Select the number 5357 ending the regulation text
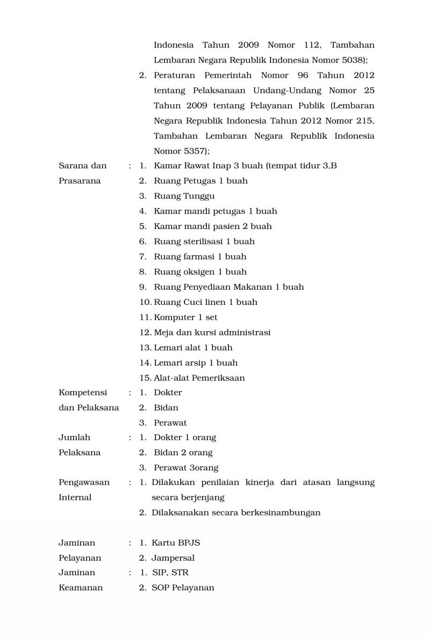[x=193, y=151]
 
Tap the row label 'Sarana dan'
[x=82, y=166]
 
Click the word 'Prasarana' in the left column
[x=80, y=181]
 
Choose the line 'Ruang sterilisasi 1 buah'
[x=204, y=241]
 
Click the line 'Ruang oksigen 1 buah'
[x=200, y=271]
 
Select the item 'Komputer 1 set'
[x=185, y=317]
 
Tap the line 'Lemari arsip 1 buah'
[x=196, y=362]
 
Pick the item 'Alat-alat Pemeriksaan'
[x=199, y=377]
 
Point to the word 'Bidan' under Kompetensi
[x=166, y=407]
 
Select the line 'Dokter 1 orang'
[x=185, y=437]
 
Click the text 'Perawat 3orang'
[x=186, y=468]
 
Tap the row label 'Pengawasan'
[x=84, y=482]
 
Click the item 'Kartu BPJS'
[x=176, y=542]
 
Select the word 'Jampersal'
[x=173, y=557]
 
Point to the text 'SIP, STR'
[x=170, y=572]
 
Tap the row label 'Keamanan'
[x=81, y=588]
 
